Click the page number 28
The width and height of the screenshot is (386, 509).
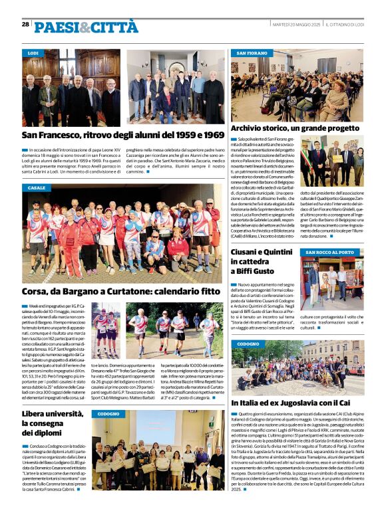[25, 24]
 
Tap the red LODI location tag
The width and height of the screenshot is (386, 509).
[33, 52]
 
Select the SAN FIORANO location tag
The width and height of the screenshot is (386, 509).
[252, 52]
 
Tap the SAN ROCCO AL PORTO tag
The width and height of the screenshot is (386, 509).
[330, 253]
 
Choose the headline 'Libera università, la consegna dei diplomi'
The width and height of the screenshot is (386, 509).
[53, 423]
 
